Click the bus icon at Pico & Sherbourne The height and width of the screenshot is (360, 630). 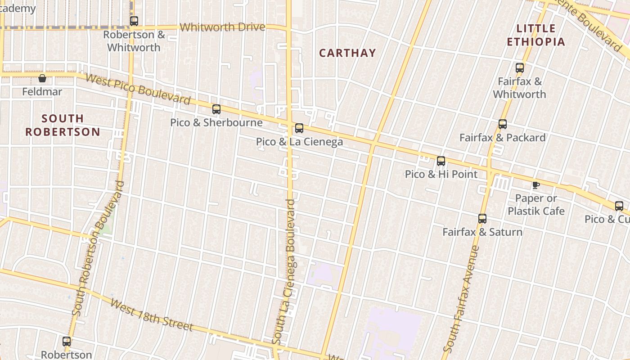tap(216, 109)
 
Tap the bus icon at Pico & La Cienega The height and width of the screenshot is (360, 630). tap(299, 128)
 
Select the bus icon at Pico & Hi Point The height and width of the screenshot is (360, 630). tap(441, 161)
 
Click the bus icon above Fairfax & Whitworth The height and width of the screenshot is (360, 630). tap(520, 68)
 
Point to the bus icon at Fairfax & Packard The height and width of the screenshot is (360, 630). tap(503, 124)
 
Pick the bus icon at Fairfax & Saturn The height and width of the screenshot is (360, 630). tap(482, 219)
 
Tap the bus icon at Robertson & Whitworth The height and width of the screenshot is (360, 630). tap(134, 21)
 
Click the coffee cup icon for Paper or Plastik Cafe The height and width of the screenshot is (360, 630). tap(535, 185)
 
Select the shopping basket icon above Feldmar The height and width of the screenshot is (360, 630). tap(42, 78)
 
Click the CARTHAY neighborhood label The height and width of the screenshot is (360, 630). tap(347, 53)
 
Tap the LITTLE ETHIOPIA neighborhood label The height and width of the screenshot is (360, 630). tap(535, 35)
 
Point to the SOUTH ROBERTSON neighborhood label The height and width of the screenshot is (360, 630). tap(63, 125)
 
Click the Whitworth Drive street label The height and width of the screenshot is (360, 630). tap(222, 27)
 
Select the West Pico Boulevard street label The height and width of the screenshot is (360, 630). tap(138, 89)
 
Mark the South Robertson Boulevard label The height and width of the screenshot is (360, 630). tap(98, 248)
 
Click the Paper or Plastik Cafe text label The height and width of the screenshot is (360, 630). tap(536, 205)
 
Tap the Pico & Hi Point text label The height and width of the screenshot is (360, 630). tap(441, 174)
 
